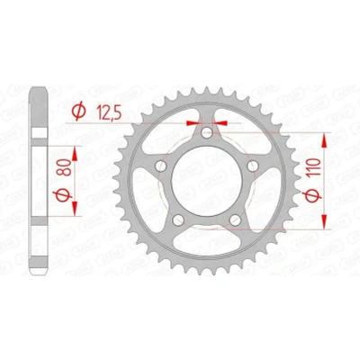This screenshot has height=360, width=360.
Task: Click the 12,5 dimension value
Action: point(110,112)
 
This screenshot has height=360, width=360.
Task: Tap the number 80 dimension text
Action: point(66,167)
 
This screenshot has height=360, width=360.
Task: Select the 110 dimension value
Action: point(313,167)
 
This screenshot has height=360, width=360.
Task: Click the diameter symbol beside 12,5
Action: point(79,112)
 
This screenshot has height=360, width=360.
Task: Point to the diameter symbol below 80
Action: point(63,195)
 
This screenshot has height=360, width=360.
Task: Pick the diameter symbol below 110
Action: point(312,195)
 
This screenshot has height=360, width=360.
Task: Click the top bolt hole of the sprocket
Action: point(207,132)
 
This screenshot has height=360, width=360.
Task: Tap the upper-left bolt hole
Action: point(161,166)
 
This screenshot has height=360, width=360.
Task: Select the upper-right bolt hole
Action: point(253,166)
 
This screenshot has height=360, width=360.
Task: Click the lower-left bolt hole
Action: point(178,220)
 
